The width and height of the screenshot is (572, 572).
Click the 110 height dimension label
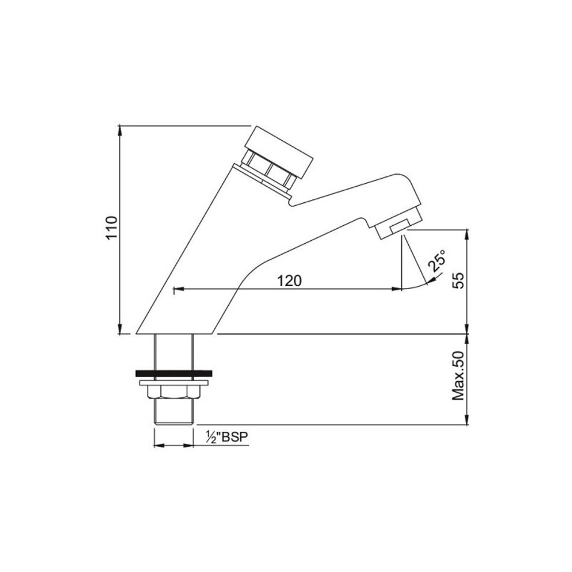(112, 228)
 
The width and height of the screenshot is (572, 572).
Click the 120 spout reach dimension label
(290, 281)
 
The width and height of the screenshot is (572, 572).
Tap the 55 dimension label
(459, 281)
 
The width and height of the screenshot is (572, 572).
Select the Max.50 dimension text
(459, 376)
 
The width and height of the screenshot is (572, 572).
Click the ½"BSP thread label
(226, 437)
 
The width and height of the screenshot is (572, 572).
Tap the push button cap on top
(279, 153)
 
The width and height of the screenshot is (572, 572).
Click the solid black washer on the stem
(173, 373)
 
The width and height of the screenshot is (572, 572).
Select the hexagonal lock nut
(173, 392)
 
